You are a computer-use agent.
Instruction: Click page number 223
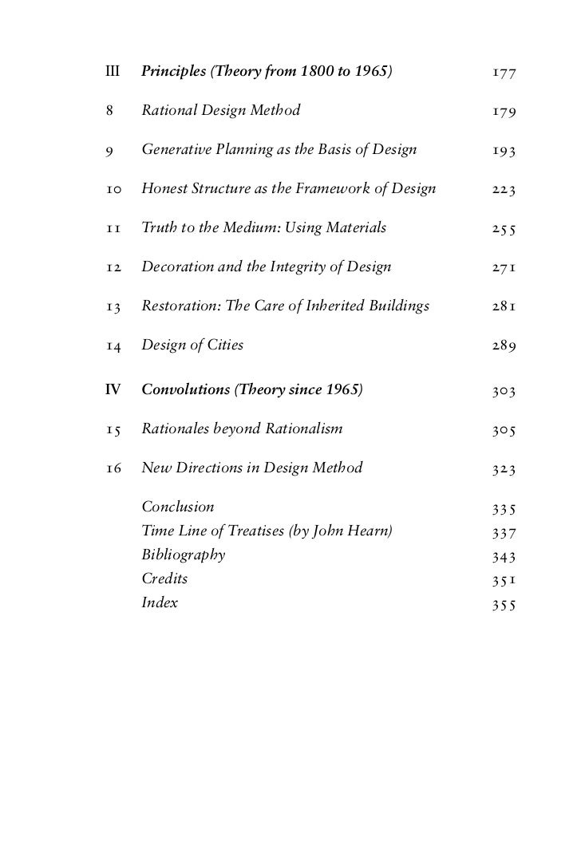point(504,190)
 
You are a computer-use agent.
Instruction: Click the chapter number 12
point(113,267)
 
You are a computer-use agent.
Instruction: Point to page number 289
point(504,346)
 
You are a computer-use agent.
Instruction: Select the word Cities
point(225,346)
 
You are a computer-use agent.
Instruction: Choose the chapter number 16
point(113,468)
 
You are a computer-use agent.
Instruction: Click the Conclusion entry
point(178,507)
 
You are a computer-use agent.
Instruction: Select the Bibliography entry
point(183,555)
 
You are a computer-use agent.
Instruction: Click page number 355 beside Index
point(504,604)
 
